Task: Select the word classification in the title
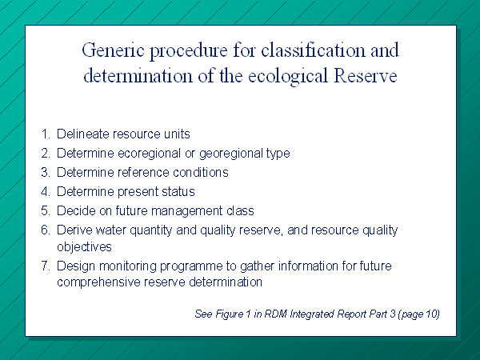pos(314,50)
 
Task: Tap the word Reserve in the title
pos(366,76)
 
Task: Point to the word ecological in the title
pos(288,77)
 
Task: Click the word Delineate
pos(83,134)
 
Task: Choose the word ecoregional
pos(149,154)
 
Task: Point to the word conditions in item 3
pos(201,172)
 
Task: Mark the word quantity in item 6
pos(151,231)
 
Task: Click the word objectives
pos(84,247)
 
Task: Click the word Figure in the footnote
pos(230,314)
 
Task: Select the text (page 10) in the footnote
pos(418,314)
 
